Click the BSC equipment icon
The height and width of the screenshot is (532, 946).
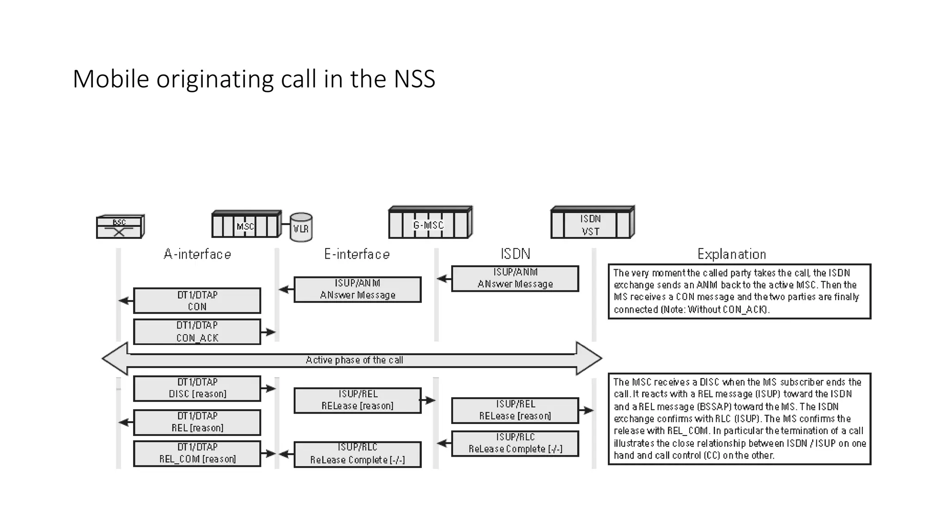[120, 227]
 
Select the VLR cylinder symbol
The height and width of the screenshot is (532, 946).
[301, 227]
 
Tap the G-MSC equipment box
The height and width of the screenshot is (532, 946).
[430, 224]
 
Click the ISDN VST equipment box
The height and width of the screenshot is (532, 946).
[592, 224]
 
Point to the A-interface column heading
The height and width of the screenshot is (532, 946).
[197, 254]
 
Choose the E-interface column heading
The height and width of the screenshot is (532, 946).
[357, 254]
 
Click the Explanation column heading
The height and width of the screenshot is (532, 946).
[732, 254]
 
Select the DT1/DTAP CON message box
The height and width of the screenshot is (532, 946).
[197, 301]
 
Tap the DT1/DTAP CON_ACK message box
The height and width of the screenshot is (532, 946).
[197, 332]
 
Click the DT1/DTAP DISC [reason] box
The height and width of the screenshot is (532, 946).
[197, 388]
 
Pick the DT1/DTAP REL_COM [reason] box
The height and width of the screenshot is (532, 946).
[197, 453]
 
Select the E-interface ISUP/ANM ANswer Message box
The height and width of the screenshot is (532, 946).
[358, 290]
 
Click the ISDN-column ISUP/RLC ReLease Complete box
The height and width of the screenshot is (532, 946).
[515, 443]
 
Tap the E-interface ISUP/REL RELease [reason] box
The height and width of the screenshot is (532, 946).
[358, 400]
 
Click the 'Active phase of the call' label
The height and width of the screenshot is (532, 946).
[354, 360]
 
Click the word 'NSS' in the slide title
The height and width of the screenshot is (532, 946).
[414, 79]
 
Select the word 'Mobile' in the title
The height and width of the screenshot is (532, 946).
[111, 79]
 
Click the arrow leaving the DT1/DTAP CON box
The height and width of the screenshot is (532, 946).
[126, 301]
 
